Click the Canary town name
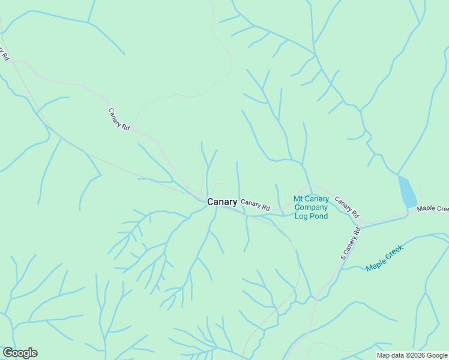(x=222, y=202)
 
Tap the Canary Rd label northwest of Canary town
(x=119, y=119)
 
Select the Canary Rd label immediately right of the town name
(x=256, y=205)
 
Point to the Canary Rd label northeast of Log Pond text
(x=347, y=207)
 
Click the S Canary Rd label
(x=351, y=243)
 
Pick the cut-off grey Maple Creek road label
(x=433, y=209)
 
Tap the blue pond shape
(x=407, y=191)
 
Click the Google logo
(x=20, y=353)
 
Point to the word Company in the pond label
(x=311, y=208)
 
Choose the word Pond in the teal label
(x=319, y=216)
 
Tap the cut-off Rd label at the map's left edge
(x=5, y=54)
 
